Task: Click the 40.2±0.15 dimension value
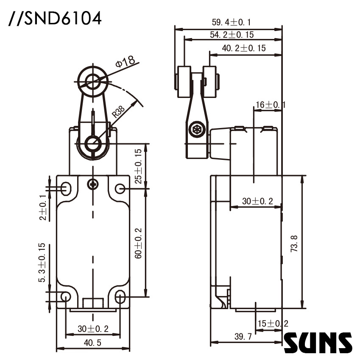click(244, 48)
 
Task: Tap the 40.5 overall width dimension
click(89, 343)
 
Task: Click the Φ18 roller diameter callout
click(126, 62)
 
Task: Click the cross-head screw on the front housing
click(92, 184)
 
